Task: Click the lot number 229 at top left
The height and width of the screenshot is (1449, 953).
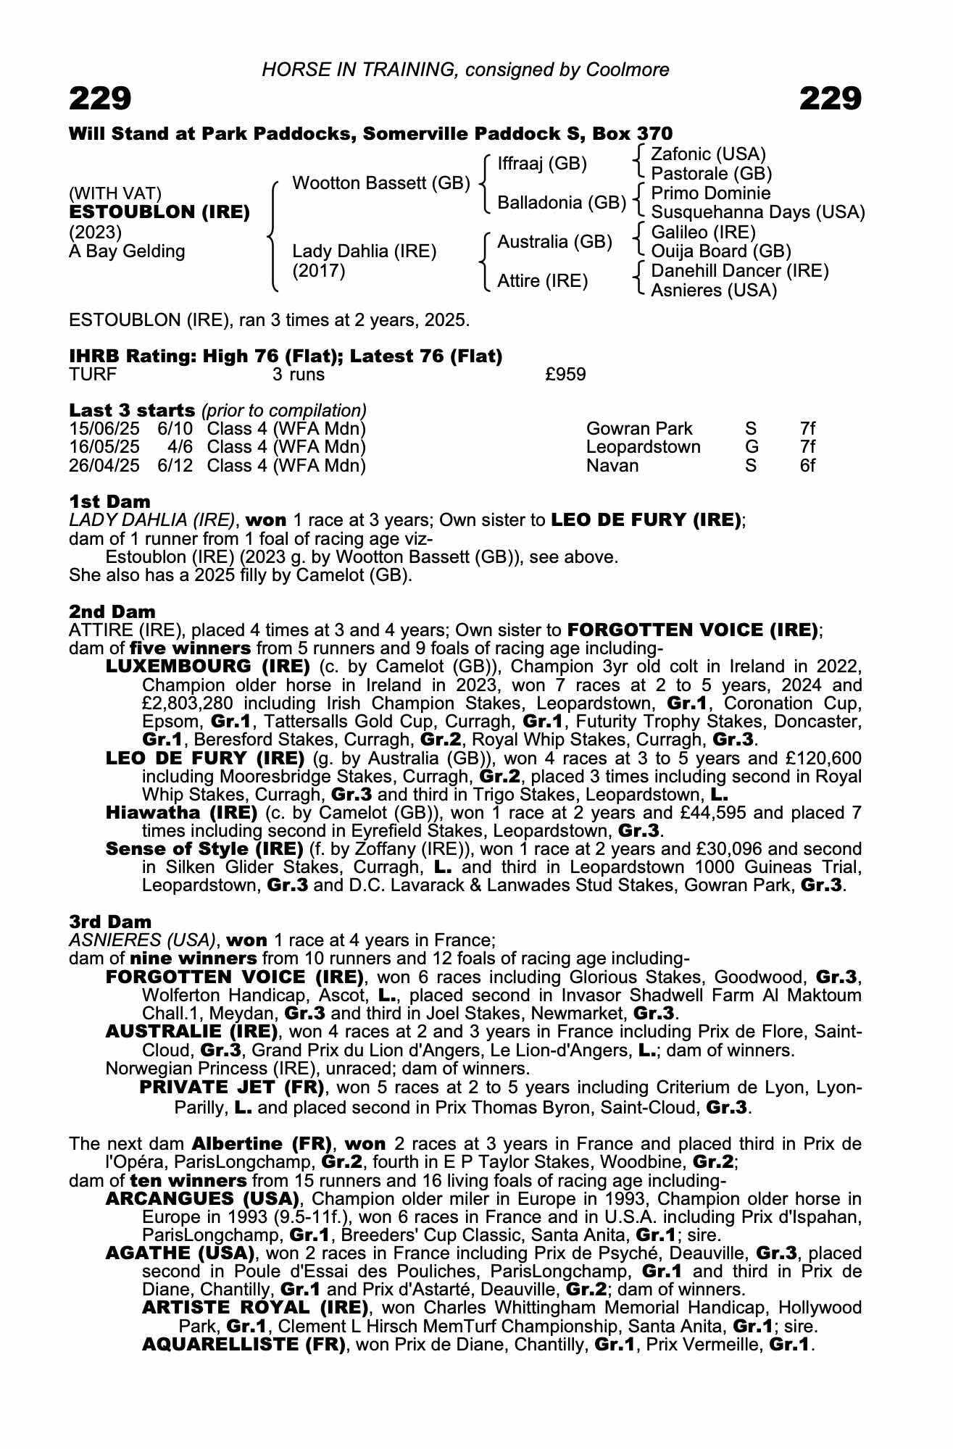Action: (100, 99)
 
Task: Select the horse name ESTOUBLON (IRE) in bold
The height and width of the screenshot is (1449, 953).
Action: (159, 212)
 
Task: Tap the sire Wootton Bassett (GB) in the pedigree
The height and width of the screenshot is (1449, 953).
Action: (381, 183)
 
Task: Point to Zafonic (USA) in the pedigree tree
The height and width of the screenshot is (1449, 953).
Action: (708, 154)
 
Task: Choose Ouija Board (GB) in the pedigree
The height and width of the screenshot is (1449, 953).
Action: (720, 251)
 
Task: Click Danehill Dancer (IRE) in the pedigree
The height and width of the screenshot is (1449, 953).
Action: (739, 271)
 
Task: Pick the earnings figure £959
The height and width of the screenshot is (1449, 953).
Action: (565, 375)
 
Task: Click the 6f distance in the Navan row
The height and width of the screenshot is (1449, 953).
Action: (807, 465)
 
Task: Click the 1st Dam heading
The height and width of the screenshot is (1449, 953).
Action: (109, 501)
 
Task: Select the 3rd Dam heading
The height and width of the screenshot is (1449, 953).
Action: (110, 922)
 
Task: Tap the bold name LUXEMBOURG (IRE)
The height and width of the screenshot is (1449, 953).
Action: (208, 666)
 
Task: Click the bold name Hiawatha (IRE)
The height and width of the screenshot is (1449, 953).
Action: (181, 812)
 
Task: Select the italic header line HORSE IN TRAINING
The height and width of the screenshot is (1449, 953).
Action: (465, 70)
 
